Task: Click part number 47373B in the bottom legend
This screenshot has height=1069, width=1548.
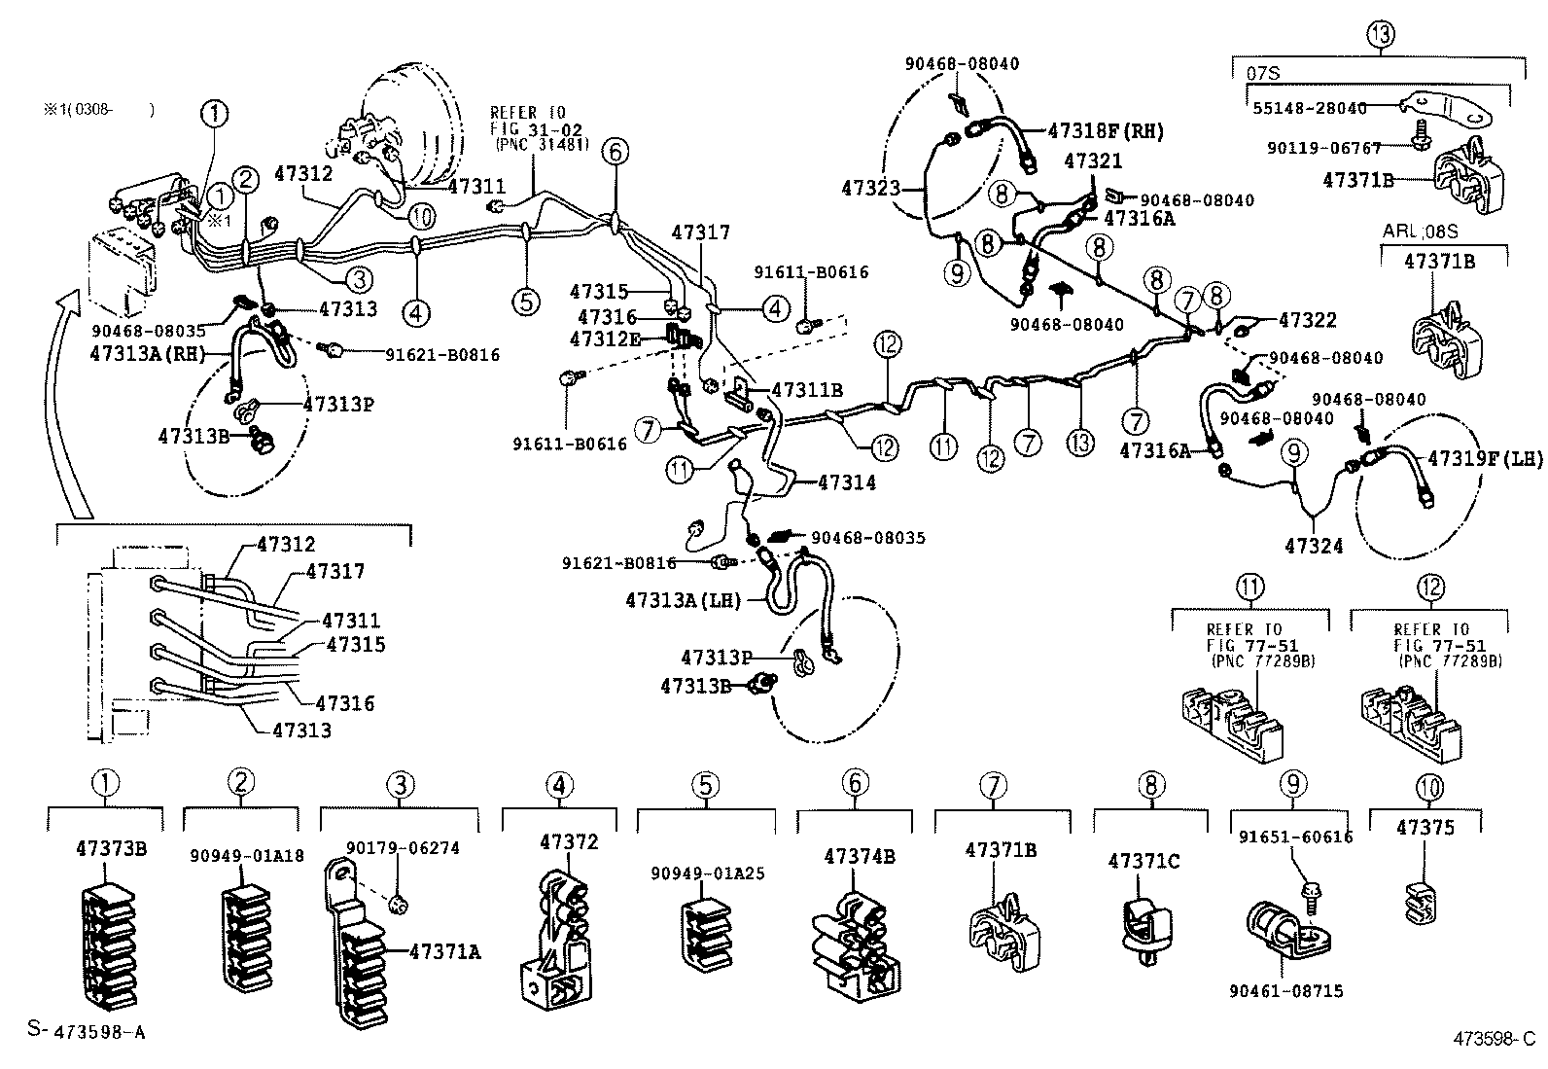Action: [111, 848]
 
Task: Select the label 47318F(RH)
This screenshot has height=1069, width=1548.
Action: [1106, 131]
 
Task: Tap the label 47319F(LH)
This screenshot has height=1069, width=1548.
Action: [1485, 458]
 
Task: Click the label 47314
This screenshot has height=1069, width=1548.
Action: [847, 482]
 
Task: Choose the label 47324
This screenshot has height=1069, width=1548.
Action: [1314, 547]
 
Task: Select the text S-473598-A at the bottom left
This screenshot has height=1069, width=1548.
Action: [87, 1030]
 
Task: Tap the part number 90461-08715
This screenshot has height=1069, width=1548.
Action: [1285, 991]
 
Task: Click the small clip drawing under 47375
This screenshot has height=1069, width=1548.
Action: [1423, 901]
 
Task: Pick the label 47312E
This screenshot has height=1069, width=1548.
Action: [606, 339]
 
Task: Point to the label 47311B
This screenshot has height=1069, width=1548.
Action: [806, 391]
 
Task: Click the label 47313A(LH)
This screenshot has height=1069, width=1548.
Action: [683, 601]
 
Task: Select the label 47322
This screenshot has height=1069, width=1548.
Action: [1308, 320]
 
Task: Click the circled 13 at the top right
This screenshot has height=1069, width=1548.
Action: [1380, 35]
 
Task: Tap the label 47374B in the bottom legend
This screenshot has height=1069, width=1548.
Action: [859, 857]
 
